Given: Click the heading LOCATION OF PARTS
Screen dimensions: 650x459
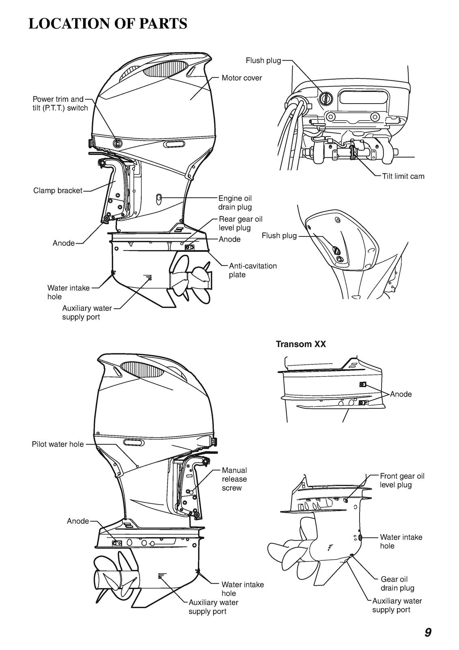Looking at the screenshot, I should point(108,24).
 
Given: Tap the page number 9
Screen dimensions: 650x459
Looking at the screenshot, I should point(428,632).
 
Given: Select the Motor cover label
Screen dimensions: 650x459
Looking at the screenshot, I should point(241,78).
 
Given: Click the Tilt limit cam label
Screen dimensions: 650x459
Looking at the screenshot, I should point(403,176).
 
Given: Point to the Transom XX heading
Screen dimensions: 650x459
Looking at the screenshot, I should point(301,344).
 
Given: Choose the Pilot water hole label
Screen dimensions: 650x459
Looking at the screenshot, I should point(58,444).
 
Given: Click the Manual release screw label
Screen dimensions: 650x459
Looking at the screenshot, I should point(234,479).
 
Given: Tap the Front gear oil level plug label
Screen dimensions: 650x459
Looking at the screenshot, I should point(402,480).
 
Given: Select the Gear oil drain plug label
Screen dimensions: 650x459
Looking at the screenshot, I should point(397,583).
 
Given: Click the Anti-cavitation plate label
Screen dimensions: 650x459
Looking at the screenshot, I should point(252,270).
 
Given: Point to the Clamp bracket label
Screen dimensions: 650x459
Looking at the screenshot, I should point(58,191).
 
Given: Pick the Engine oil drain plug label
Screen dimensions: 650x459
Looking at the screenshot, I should point(235,203).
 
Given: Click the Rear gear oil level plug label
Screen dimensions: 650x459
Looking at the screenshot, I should point(240,223).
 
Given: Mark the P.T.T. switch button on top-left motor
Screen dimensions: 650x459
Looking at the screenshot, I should point(117,143).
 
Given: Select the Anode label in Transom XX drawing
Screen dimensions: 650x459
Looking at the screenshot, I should point(401,394).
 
